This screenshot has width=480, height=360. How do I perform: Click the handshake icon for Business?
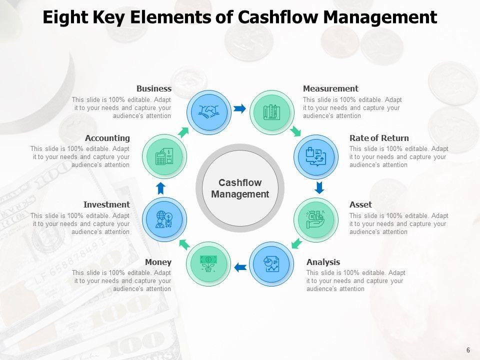tap(209, 112)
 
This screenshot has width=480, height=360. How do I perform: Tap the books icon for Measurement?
tap(271, 112)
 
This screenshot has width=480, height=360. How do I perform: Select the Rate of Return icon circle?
tap(316, 157)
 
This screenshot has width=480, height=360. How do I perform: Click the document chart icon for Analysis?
tap(271, 264)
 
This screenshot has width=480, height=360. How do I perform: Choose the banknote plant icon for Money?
tap(208, 264)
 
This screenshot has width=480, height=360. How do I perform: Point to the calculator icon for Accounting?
tap(164, 157)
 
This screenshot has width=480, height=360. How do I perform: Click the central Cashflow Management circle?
tap(240, 188)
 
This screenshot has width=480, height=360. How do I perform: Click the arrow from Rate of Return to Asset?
tap(319, 188)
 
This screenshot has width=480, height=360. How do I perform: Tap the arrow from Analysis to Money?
tap(240, 267)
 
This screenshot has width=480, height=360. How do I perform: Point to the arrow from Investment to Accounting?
tap(160, 188)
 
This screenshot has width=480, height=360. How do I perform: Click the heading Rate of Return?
tap(379, 138)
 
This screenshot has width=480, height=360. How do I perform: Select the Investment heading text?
tap(106, 204)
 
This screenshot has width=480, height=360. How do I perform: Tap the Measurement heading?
tap(330, 88)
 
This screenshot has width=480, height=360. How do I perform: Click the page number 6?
tap(468, 350)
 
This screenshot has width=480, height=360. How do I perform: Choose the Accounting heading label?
tap(107, 138)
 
